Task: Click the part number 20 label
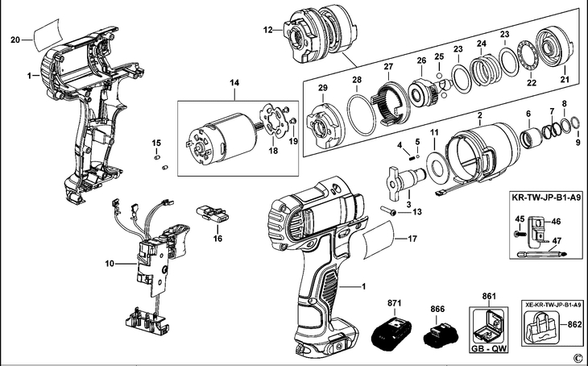pos(15,40)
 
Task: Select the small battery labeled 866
pos(440,335)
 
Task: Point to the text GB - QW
pos(489,349)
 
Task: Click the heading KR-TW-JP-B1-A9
pos(547,198)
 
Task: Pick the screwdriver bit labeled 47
pos(542,254)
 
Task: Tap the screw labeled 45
pos(520,234)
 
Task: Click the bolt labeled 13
pos(388,210)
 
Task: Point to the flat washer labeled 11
pos(437,165)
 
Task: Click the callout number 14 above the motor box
pos(234,82)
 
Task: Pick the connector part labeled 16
pos(212,214)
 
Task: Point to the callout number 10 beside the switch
pos(109,264)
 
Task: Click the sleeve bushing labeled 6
pos(531,138)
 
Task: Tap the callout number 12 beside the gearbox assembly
pos(267,29)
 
